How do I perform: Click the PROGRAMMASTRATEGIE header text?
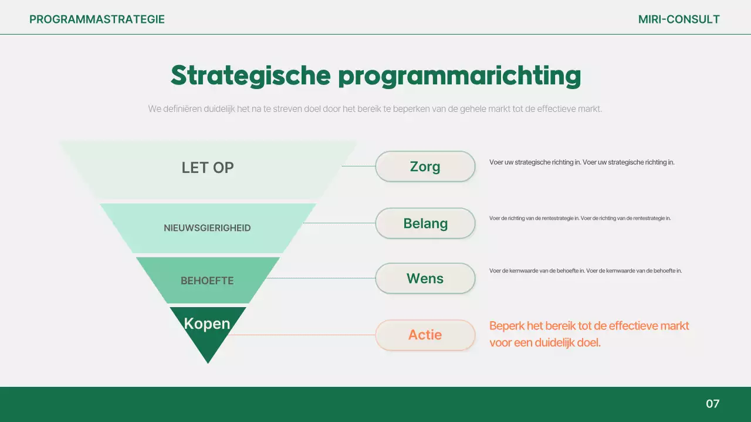97,19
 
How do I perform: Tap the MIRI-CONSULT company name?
679,19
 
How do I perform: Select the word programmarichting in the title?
459,76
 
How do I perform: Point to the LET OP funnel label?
208,168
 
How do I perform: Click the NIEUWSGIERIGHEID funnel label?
207,228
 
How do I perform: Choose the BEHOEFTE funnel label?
207,281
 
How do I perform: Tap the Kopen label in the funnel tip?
207,324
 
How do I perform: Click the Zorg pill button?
425,166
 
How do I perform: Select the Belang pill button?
425,223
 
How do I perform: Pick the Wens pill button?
425,278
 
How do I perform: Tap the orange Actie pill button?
425,335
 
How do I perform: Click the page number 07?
712,404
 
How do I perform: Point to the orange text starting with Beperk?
589,334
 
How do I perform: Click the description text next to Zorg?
581,162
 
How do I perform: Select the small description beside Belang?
580,218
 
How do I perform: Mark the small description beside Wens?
585,271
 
